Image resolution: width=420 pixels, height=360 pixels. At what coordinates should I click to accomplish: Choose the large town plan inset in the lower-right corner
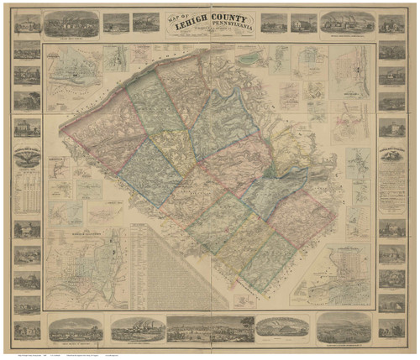336,277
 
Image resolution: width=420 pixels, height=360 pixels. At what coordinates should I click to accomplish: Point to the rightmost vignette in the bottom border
344,328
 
